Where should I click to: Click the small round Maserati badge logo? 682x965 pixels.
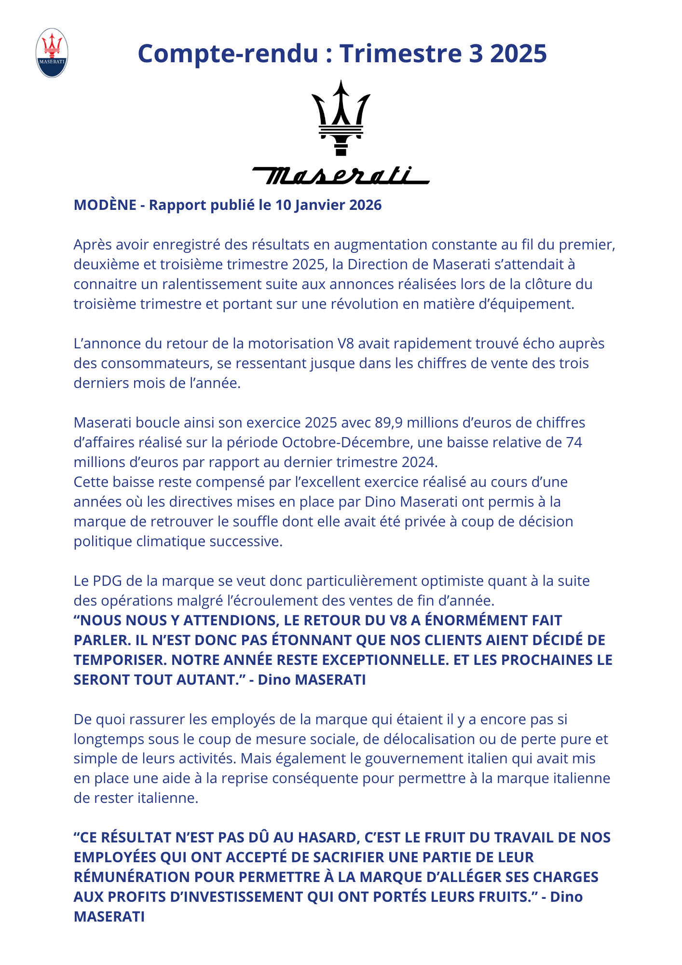(x=52, y=53)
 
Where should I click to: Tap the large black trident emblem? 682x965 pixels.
(x=341, y=118)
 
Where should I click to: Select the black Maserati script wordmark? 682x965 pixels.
(x=341, y=176)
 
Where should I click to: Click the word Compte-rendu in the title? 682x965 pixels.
(x=228, y=53)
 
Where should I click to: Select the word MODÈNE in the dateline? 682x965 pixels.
(x=105, y=205)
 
